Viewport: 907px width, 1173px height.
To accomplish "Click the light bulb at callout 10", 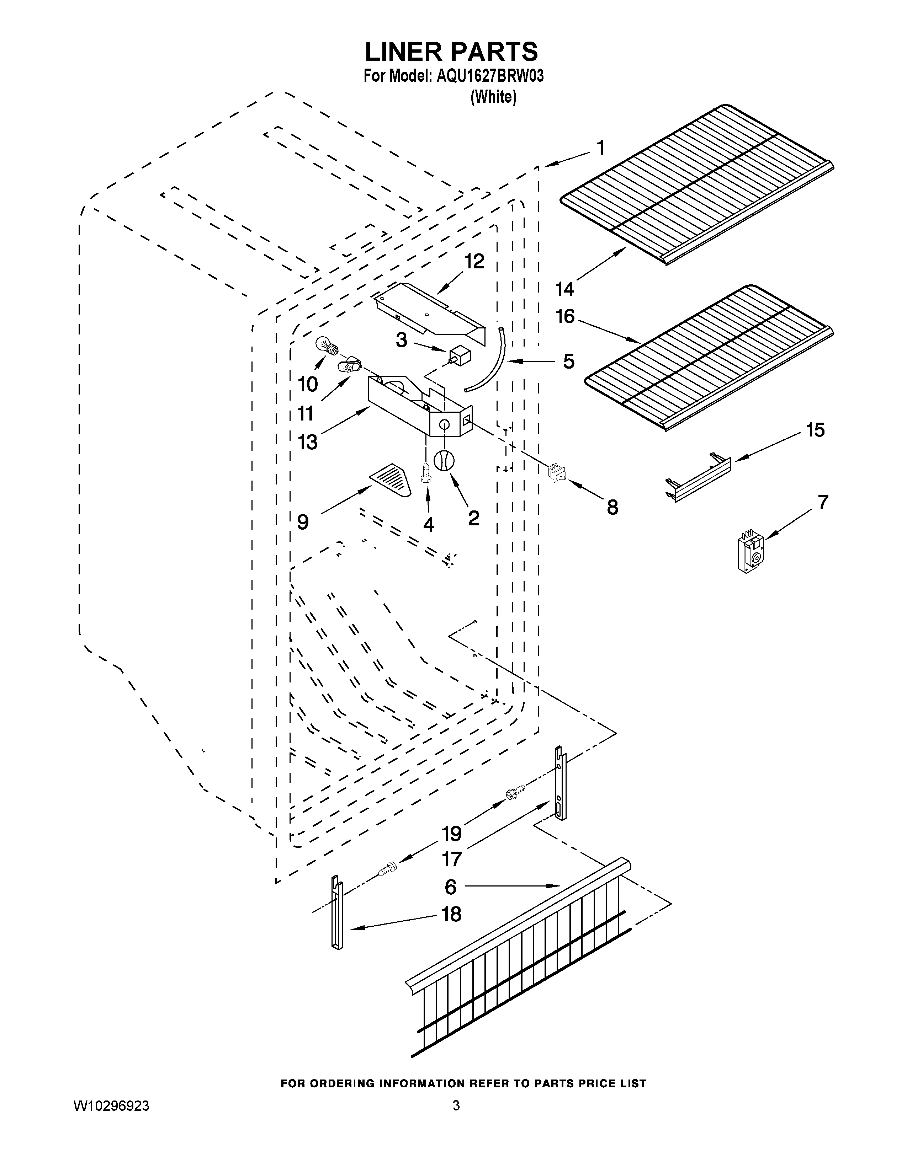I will [x=327, y=346].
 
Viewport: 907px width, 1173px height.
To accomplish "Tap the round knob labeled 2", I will [x=444, y=461].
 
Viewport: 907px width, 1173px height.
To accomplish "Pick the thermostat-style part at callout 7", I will [x=751, y=551].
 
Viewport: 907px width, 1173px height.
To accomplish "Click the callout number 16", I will [x=565, y=316].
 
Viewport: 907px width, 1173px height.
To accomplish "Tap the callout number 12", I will [x=474, y=262].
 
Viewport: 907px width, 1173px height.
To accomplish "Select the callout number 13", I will [x=308, y=442].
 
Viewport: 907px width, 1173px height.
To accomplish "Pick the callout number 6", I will [x=451, y=887].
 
